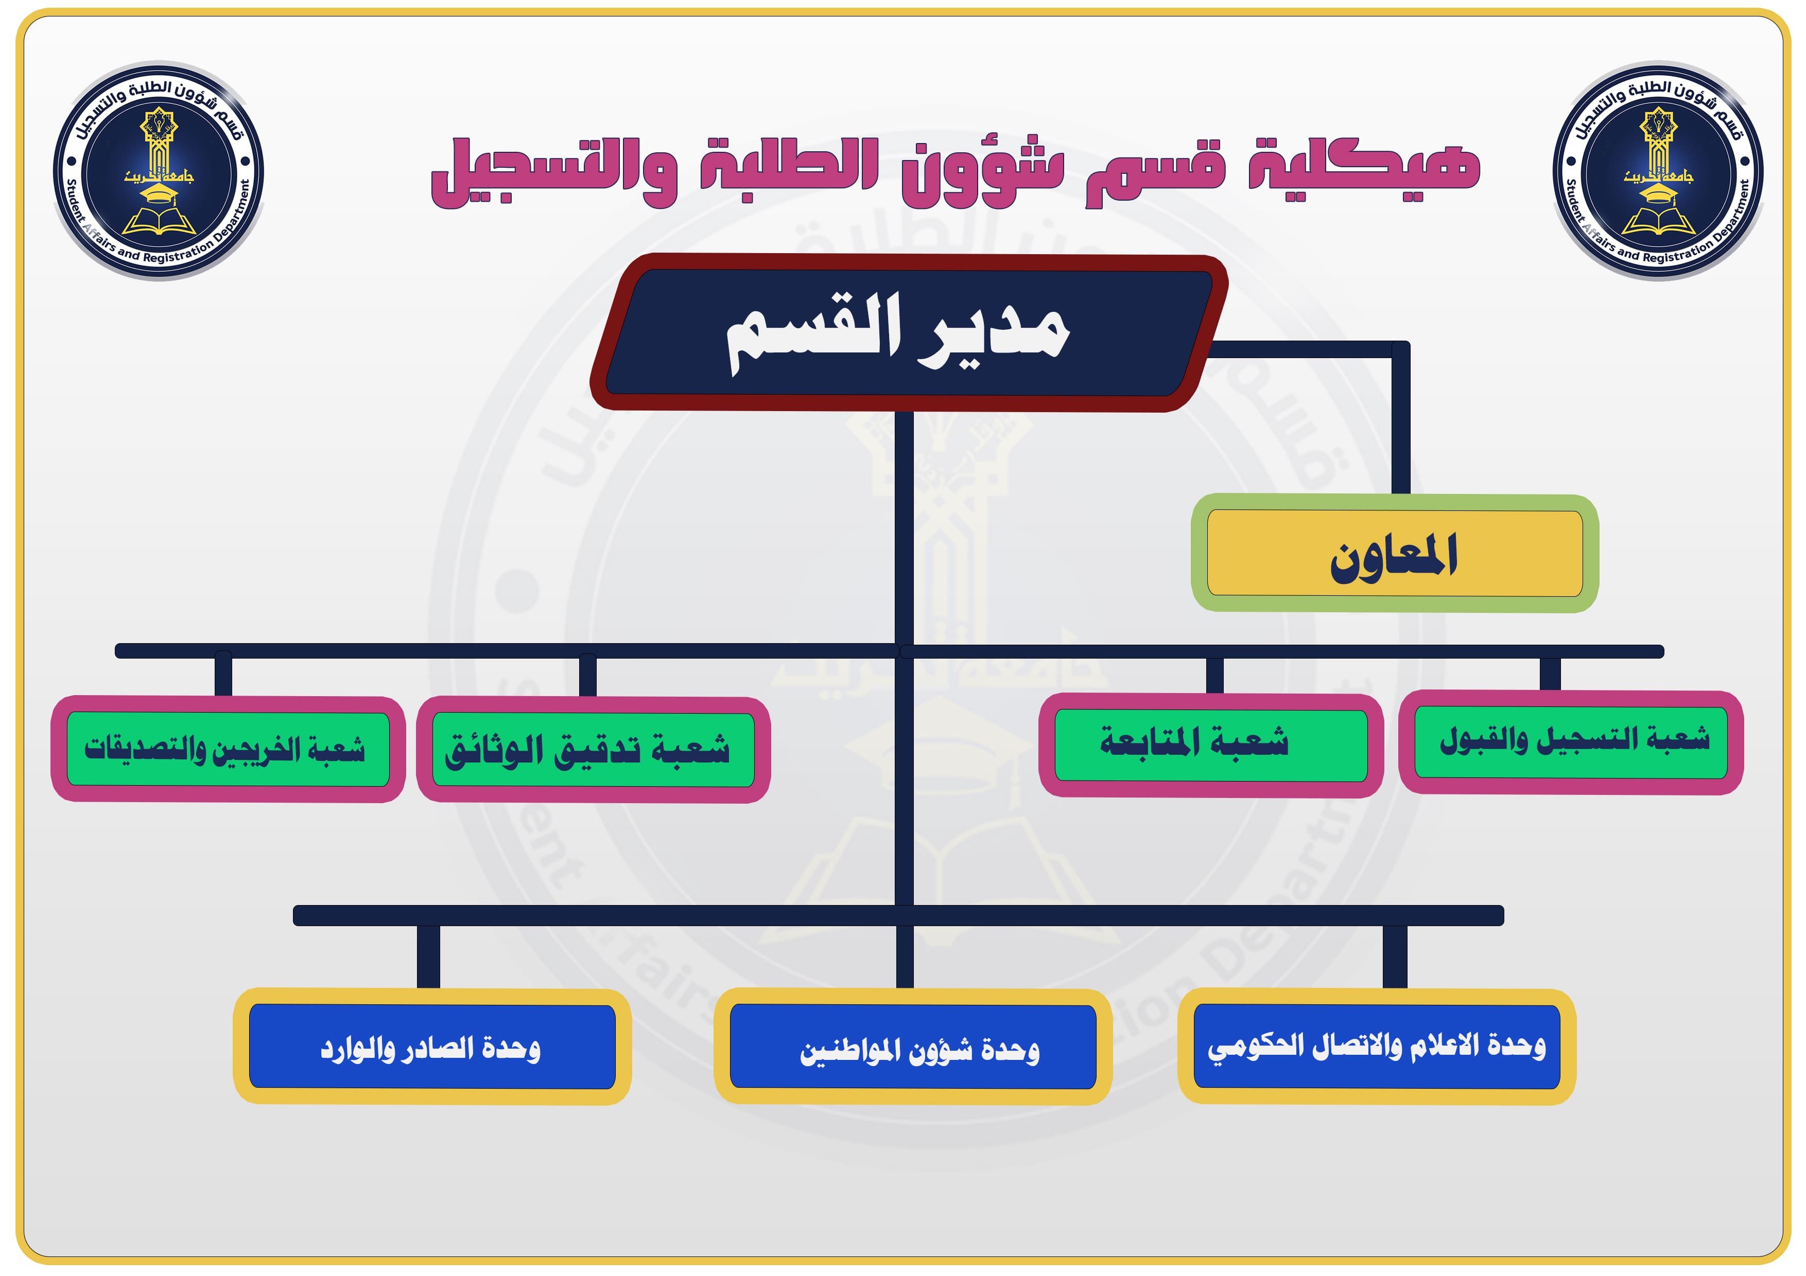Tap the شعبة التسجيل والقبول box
1571,742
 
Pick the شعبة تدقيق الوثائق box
593,749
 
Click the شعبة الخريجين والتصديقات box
228,749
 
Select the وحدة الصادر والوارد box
432,1047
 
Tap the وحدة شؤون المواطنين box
912,1047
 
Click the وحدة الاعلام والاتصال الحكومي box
1377,1047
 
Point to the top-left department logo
159,171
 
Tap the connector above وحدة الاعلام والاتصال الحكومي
1395,956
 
